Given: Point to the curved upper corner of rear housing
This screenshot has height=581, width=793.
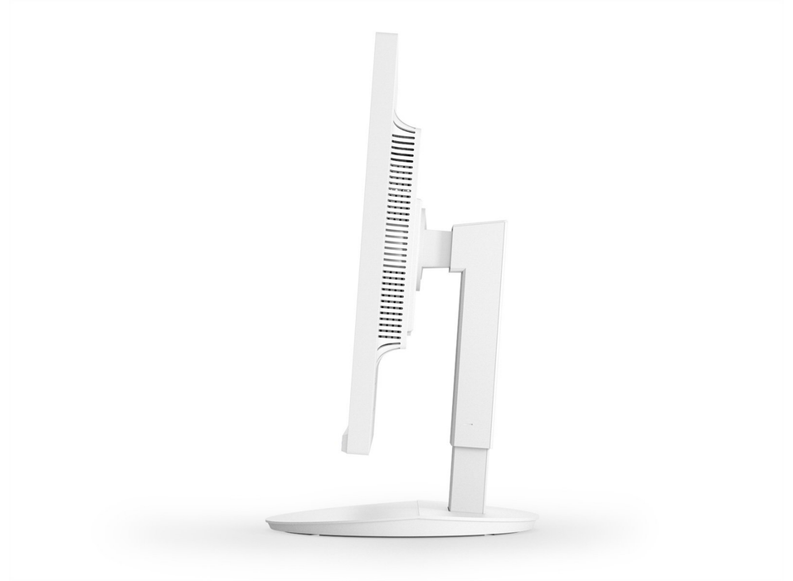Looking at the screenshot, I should tap(403, 112).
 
